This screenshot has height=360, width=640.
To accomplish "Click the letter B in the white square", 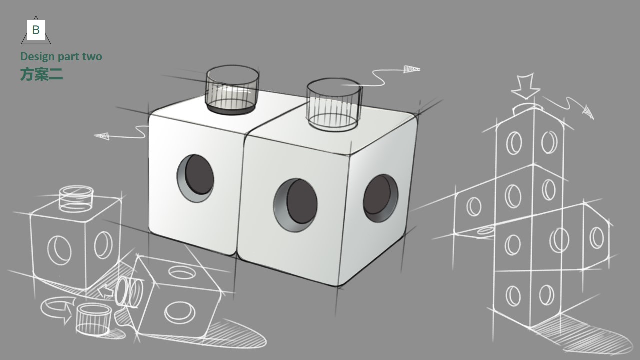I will coord(36,30).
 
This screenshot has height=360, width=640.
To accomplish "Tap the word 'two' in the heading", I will coord(92,56).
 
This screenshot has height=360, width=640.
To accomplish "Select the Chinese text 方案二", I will coord(41,74).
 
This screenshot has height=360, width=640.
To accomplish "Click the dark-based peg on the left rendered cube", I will coord(232,90).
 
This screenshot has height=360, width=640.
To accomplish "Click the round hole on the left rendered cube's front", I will coord(195,178).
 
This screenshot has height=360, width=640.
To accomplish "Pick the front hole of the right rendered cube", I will coord(295,204).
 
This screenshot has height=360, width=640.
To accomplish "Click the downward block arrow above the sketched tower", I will coord(525,86).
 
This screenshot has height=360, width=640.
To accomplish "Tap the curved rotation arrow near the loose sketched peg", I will coord(56,309).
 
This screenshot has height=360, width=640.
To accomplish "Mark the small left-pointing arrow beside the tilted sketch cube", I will coord(106,291).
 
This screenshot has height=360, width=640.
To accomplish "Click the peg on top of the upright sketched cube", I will coord(76,198).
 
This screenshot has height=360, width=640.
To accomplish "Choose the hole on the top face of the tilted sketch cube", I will coord(181,272).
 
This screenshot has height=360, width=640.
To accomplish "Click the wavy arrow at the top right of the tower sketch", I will coord(570,106).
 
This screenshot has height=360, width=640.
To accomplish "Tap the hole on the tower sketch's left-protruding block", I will coord(474,206).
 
